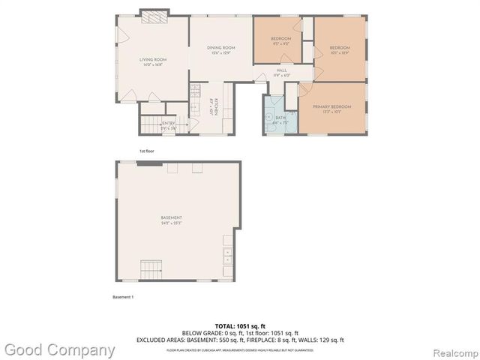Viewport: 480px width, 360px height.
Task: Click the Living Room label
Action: (152, 60)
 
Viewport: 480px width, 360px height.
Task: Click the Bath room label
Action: (280, 117)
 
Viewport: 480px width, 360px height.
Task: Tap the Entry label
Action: (169, 123)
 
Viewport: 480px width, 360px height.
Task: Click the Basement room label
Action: (172, 218)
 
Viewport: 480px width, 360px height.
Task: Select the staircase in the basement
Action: (151, 268)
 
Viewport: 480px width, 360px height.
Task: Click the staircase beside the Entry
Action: (150, 124)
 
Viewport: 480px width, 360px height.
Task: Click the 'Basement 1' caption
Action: (123, 298)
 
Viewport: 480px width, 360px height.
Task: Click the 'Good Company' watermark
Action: (60, 349)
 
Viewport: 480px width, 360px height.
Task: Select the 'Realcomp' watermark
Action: (449, 350)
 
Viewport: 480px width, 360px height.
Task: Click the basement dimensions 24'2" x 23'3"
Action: (172, 223)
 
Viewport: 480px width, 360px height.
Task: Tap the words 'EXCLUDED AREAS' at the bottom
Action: (158, 340)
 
